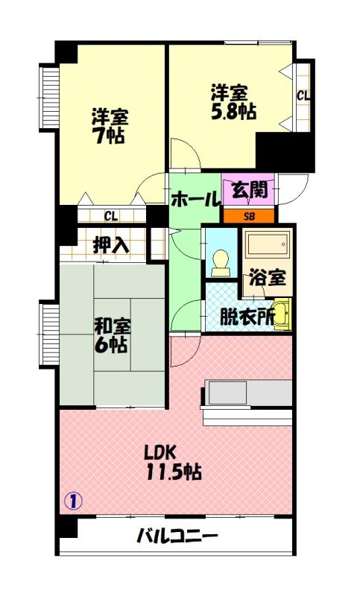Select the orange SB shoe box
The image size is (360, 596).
click(249, 216)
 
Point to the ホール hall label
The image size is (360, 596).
click(195, 200)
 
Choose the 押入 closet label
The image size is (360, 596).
click(110, 244)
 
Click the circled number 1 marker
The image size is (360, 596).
click(73, 500)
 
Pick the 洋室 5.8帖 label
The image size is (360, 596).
click(233, 102)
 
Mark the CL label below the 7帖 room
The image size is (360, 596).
click(110, 216)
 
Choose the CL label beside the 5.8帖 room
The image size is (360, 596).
click(303, 95)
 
